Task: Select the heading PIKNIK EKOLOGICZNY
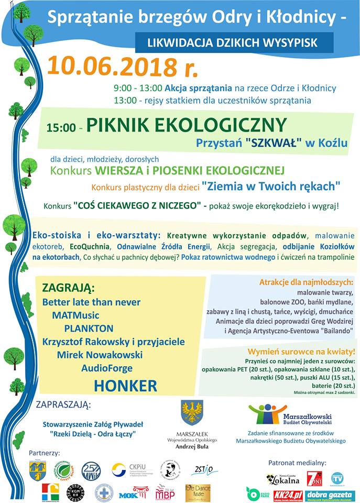pyautogui.click(x=187, y=125)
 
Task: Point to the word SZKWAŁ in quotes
pyautogui.click(x=270, y=142)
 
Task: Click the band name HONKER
pyautogui.click(x=125, y=386)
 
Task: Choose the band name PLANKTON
pyautogui.click(x=89, y=329)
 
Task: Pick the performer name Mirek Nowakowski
pyautogui.click(x=100, y=355)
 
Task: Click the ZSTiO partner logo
pyautogui.click(x=202, y=469)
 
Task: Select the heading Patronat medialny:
pyautogui.click(x=297, y=463)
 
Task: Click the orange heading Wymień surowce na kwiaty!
pyautogui.click(x=307, y=351)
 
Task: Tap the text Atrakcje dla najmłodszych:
pyautogui.click(x=306, y=282)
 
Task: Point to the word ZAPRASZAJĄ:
pyautogui.click(x=63, y=404)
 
